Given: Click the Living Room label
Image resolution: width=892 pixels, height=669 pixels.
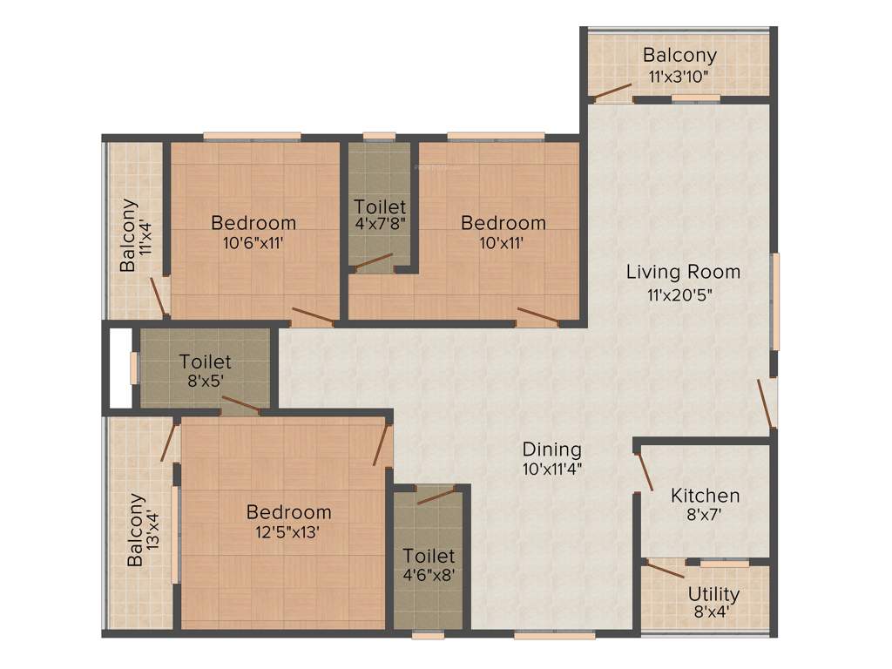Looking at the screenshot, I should [x=683, y=272].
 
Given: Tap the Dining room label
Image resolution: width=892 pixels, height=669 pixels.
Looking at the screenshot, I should [x=551, y=449].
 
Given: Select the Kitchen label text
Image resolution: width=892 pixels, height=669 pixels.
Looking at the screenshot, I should [x=705, y=496].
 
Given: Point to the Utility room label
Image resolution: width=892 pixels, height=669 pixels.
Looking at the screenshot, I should [x=713, y=594].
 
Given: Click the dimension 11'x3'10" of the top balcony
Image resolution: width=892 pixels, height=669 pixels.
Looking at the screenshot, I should [x=679, y=76].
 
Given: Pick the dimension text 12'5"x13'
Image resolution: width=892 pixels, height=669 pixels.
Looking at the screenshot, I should [x=288, y=531].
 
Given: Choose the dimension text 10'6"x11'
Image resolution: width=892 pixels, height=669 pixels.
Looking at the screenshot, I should [x=253, y=243].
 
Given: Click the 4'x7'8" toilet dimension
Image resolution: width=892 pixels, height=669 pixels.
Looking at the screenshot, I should [x=380, y=222].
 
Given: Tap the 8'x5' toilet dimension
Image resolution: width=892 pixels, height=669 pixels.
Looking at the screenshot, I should [x=205, y=380].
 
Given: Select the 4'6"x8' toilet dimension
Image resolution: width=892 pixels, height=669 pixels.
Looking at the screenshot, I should [x=428, y=575].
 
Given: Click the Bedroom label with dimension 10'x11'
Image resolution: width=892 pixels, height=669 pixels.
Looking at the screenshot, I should [x=503, y=223].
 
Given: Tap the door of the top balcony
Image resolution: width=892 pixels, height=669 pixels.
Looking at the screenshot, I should [x=612, y=91].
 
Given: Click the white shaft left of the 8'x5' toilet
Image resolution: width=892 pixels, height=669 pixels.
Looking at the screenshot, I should [x=120, y=367].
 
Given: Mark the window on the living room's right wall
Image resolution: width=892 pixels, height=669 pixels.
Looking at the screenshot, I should [x=774, y=301].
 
